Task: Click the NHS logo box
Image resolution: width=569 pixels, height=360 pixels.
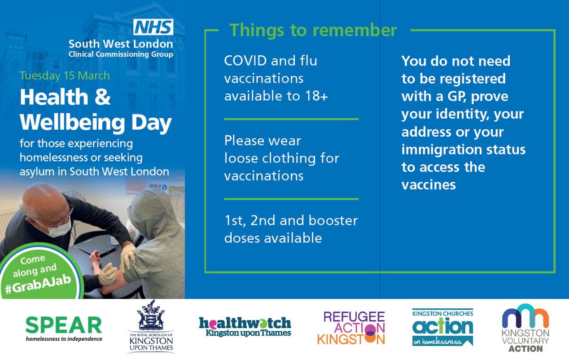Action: pyautogui.click(x=153, y=27)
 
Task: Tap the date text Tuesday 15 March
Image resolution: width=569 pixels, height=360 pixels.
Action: pyautogui.click(x=65, y=76)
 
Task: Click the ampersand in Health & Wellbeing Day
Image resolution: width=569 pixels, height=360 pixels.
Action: pyautogui.click(x=103, y=97)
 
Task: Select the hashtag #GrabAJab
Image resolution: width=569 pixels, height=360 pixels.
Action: pyautogui.click(x=38, y=284)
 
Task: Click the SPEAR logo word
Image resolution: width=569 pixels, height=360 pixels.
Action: pyautogui.click(x=64, y=325)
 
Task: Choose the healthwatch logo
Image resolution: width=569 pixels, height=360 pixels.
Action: pyautogui.click(x=245, y=327)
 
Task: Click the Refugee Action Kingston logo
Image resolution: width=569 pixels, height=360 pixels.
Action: pyautogui.click(x=351, y=328)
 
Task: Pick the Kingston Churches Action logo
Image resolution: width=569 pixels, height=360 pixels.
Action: pyautogui.click(x=442, y=327)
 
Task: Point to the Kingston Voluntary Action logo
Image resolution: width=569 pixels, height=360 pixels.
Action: pyautogui.click(x=525, y=328)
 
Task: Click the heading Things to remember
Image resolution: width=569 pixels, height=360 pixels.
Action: pyautogui.click(x=313, y=30)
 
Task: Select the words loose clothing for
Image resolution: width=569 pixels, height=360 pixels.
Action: pyautogui.click(x=282, y=158)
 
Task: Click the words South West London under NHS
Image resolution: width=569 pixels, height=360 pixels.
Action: pyautogui.click(x=121, y=44)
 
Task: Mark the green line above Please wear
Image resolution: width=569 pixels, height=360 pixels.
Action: pyautogui.click(x=291, y=119)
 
